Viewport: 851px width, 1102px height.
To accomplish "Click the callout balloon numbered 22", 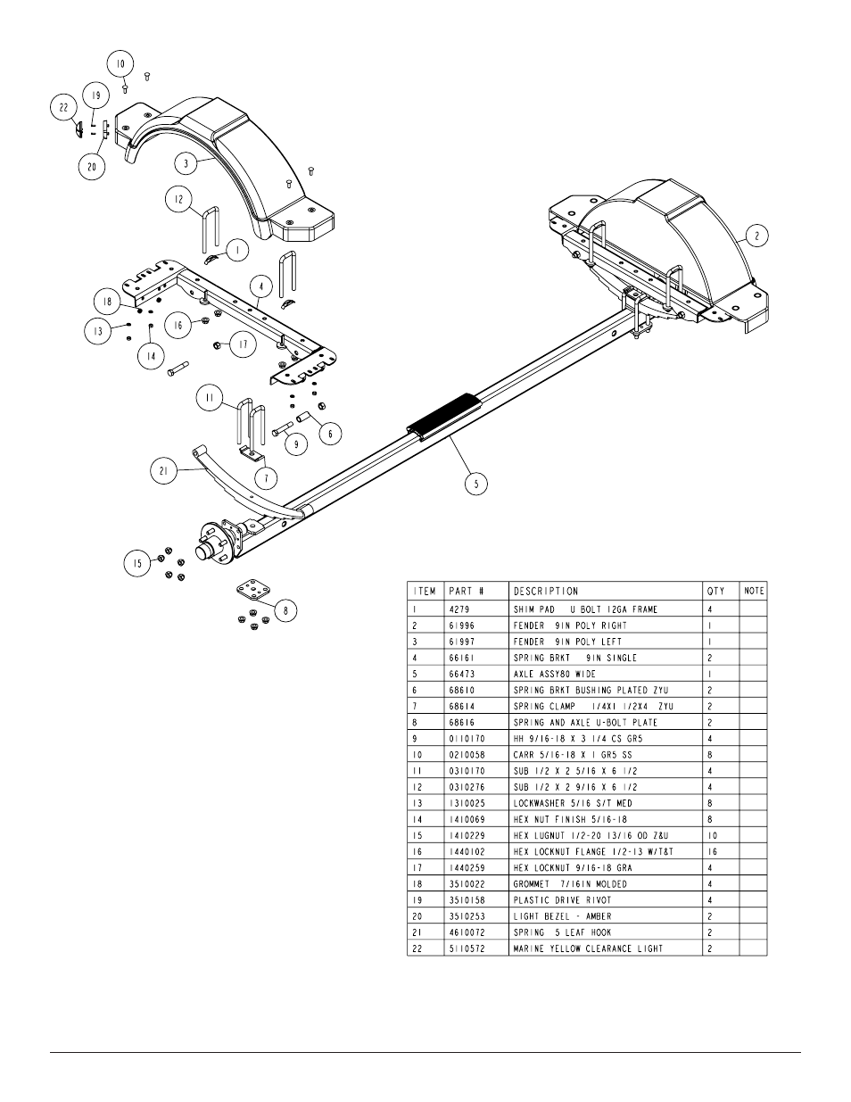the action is (63, 107).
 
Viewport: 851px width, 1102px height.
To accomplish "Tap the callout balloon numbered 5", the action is (476, 484).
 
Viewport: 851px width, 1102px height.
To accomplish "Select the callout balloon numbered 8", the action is (285, 610).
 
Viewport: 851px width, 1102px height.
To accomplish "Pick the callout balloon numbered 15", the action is (137, 563).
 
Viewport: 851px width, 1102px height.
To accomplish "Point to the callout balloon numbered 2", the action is (756, 236).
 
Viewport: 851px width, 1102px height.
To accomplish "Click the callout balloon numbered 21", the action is (164, 471).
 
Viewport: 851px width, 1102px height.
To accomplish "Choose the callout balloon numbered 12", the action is (178, 199).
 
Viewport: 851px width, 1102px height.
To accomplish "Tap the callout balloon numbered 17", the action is (244, 344).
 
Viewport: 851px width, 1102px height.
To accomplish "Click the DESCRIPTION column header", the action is (545, 592).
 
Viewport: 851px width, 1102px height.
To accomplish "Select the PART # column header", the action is (467, 592).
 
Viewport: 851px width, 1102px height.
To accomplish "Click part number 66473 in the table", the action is (461, 674).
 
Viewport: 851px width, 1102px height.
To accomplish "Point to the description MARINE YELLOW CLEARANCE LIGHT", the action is (588, 949).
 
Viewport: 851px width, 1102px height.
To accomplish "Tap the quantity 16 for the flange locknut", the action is (712, 851).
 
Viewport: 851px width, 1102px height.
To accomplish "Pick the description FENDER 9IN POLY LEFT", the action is (567, 642).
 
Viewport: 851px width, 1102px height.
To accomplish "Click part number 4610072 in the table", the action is (467, 932).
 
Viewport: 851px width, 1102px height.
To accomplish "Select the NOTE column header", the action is (754, 591).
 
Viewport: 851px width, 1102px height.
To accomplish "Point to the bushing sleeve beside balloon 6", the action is (302, 418).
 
